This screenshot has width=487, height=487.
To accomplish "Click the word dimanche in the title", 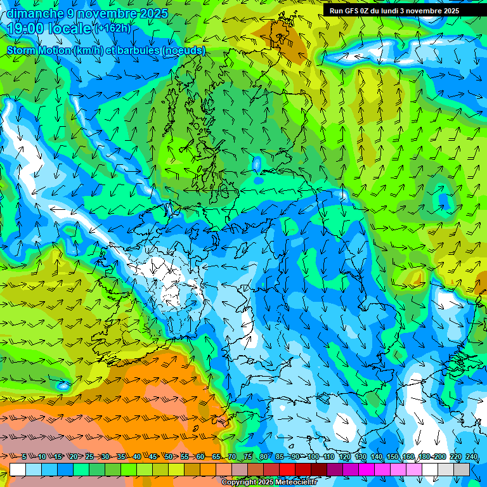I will coord(34,13).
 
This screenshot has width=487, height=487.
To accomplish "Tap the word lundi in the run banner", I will coord(399,11).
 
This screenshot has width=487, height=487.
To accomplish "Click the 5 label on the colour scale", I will coord(24,457).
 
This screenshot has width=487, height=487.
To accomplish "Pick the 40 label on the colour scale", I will coord(137,457).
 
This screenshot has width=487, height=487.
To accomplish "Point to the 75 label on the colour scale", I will coord(248,457).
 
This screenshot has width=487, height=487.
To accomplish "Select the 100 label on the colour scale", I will coord(313,457).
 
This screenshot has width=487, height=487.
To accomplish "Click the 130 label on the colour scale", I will coord(361,457).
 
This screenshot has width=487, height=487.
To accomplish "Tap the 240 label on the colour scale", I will coord(472,457).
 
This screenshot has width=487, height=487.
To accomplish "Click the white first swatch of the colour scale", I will coord(18,469).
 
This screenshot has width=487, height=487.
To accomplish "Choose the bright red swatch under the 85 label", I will coord(287,469).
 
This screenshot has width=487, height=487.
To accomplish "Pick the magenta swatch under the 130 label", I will coord(367,469).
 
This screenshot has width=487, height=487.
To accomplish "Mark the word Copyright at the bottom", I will coord(240,482).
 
